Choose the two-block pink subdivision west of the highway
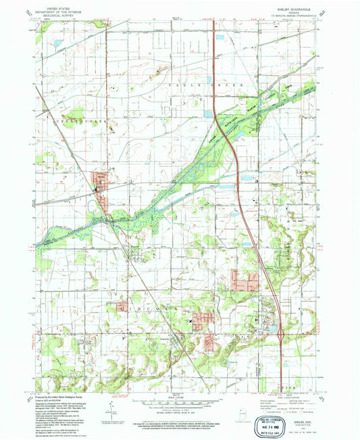coord(240,279)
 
